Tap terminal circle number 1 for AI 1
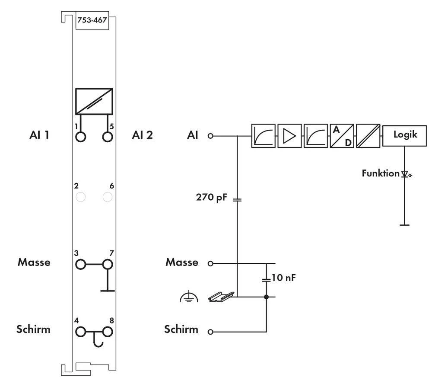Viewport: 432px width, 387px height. click(80, 137)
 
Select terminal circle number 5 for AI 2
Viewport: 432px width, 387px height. click(108, 137)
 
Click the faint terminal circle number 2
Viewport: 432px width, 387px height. click(80, 197)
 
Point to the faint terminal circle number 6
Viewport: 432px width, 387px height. click(108, 197)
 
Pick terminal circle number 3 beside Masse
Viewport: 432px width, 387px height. click(80, 264)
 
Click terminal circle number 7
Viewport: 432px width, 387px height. click(108, 264)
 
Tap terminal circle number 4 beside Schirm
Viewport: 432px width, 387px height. click(80, 332)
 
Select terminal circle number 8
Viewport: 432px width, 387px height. click(108, 332)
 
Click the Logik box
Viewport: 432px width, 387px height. click(405, 135)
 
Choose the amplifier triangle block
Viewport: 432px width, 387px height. click(289, 136)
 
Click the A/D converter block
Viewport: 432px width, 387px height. click(342, 136)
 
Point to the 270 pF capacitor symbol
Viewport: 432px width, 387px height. click(237, 200)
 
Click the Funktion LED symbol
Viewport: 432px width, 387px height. click(405, 174)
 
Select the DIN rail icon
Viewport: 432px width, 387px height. click(221, 296)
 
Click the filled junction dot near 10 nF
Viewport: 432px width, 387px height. click(266, 297)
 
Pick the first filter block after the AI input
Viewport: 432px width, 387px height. click(263, 136)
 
